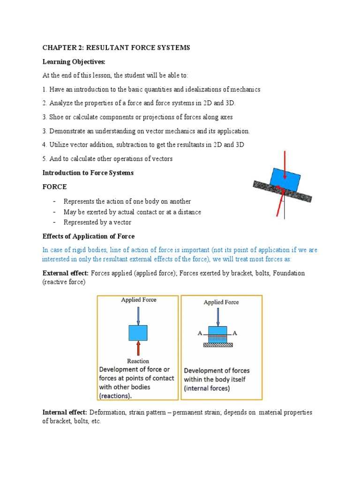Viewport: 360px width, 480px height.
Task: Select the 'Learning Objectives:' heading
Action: tap(68, 62)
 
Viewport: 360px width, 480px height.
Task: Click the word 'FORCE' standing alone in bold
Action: tap(55, 186)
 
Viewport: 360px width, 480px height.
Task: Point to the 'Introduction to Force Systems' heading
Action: tap(88, 172)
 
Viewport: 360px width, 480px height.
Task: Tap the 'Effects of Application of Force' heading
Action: tap(89, 236)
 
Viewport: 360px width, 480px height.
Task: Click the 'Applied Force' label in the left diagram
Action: tap(138, 300)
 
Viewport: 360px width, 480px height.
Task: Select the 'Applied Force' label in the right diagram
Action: tap(221, 302)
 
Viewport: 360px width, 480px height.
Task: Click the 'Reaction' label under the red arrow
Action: tap(138, 361)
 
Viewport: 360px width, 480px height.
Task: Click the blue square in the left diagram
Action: tap(138, 333)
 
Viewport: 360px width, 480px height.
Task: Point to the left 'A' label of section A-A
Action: tap(200, 333)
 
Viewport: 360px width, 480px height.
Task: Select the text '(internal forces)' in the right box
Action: tap(207, 388)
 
